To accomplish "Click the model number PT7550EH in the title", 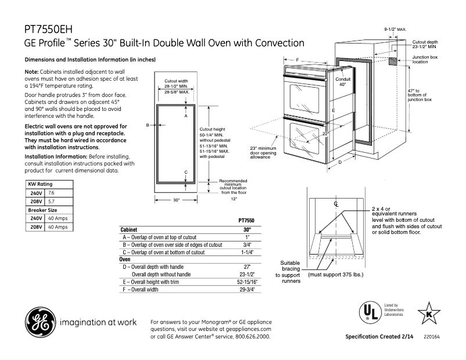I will pos(49,29).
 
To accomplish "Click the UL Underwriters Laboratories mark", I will pos(368,312).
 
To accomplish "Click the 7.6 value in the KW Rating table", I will pos(52,192).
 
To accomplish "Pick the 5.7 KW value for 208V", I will pos(52,201).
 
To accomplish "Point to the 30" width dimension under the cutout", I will pos(177,200).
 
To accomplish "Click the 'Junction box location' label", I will pos(425,59).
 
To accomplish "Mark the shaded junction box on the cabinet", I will pos(393,61).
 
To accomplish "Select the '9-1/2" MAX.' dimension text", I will pos(395,28).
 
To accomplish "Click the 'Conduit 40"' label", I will pos(343,82).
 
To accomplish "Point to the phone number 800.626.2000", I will pos(252,337).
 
